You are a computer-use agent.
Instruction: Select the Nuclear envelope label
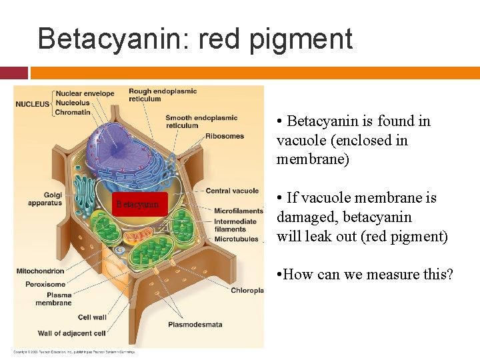[x=85, y=94]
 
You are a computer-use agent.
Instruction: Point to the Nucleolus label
[x=73, y=103]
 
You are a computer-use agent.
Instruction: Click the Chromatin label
[x=73, y=113]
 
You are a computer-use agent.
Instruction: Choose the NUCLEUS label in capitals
[x=33, y=104]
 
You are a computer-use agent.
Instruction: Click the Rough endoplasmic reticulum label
[x=162, y=95]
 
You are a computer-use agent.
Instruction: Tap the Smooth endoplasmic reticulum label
[x=201, y=122]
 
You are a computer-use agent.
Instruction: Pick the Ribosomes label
[x=225, y=137]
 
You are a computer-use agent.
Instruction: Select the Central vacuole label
[x=231, y=191]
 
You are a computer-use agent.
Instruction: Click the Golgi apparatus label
[x=45, y=199]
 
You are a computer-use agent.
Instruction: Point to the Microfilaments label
[x=238, y=211]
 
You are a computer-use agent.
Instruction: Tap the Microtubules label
[x=236, y=239]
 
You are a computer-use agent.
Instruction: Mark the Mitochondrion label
[x=40, y=271]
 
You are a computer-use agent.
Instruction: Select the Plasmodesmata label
[x=195, y=325]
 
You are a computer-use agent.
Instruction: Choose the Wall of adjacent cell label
[x=71, y=333]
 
